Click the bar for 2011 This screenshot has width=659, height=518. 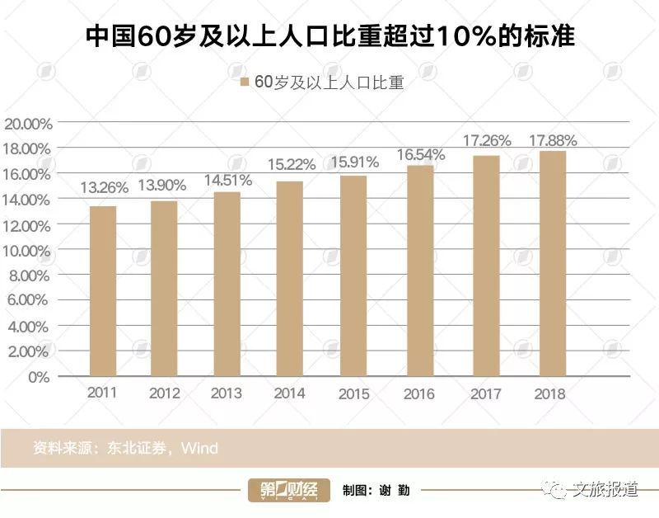pos(103,291)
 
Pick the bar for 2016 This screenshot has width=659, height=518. pos(420,271)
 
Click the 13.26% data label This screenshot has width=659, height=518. pos(104,187)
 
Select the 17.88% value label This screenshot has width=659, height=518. pos(553,140)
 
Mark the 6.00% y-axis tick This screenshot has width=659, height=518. pos(30,301)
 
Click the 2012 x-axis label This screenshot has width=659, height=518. pos(165,394)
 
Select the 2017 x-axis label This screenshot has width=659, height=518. pos(486,394)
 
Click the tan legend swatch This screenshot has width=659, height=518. pos(244,82)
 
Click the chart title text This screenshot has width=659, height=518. pos(330,37)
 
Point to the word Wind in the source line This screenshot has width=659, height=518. pos(199,449)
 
